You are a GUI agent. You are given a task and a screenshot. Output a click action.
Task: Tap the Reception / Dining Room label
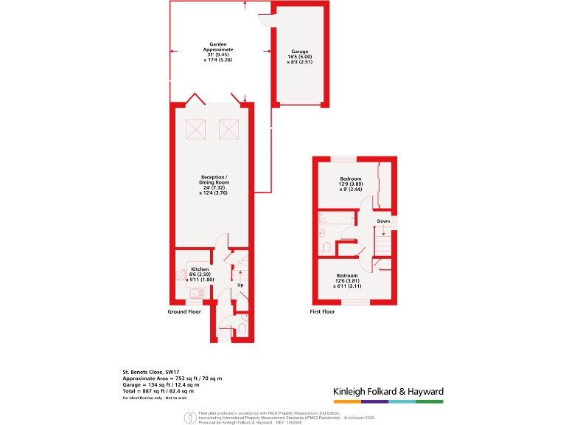pos(215,182)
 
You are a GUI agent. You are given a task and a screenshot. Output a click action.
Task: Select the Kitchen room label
pos(200,269)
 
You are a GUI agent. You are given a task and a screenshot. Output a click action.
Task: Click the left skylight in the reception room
pos(197,129)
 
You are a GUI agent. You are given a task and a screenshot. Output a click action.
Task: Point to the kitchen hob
pos(181,274)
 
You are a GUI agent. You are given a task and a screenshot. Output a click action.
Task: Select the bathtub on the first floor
pos(335,218)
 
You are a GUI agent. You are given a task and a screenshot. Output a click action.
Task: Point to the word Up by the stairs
pos(240,284)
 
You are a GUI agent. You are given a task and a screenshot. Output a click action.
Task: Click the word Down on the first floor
pos(383,221)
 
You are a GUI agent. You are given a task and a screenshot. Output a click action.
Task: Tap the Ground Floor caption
pos(184,312)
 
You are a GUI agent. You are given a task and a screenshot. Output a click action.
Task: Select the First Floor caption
pos(322,312)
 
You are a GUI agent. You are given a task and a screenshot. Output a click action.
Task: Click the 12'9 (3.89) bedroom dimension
pos(350,184)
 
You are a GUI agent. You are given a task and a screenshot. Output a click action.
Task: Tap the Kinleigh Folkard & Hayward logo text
pos(388,391)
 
